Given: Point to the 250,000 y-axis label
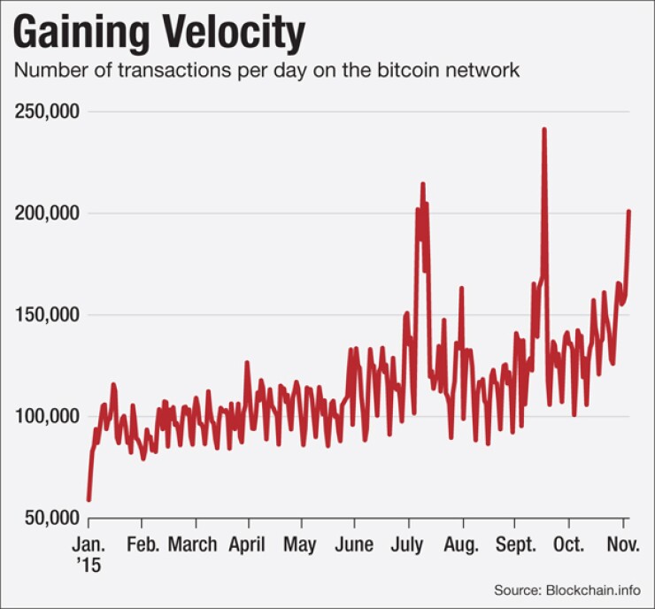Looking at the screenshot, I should [x=47, y=112].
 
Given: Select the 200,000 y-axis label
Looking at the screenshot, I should [x=47, y=213].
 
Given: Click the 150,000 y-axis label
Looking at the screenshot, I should [x=47, y=315].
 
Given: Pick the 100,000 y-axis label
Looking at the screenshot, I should [x=47, y=416].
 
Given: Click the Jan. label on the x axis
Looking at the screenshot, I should [x=89, y=544].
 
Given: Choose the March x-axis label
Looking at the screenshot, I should [x=192, y=544].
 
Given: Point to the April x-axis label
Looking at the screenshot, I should [x=246, y=544].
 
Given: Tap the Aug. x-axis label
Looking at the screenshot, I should [x=461, y=544].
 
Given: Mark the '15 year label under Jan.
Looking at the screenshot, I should [x=89, y=566].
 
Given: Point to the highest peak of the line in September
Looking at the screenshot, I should [x=543, y=129].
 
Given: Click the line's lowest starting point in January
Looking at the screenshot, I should [x=89, y=500].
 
